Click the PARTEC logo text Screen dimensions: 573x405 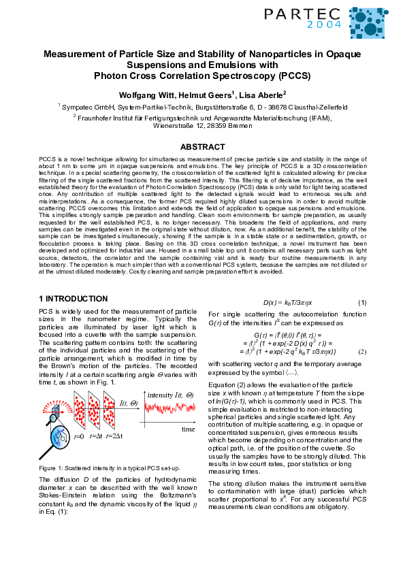pyautogui.click(x=306, y=13)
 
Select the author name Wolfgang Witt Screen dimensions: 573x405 pyautogui.click(x=145, y=94)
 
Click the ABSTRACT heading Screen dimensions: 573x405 pyautogui.click(x=202, y=146)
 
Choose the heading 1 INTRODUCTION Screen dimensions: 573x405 pyautogui.click(x=73, y=299)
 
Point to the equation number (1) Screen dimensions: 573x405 pyautogui.click(x=362, y=302)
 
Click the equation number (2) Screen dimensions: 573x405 pyautogui.click(x=362, y=351)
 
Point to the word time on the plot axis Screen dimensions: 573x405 pyautogui.click(x=188, y=429)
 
